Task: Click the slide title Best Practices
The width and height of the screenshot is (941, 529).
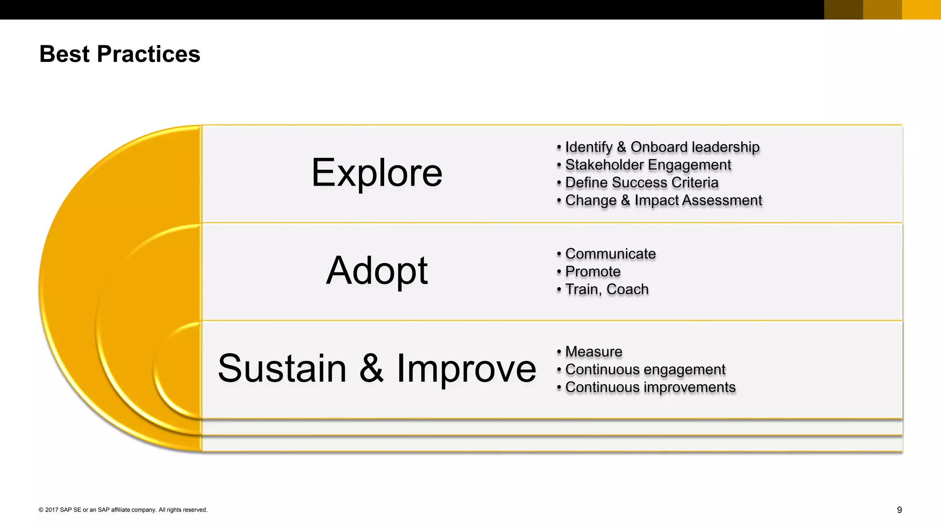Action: tap(119, 54)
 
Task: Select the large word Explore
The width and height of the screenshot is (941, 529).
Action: tap(377, 173)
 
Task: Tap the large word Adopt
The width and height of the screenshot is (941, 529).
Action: tap(377, 271)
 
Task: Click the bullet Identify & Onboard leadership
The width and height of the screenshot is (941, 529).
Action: tap(662, 147)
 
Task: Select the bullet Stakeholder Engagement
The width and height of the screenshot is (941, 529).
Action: tap(648, 165)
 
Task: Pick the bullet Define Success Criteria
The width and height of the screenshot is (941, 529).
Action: tap(641, 183)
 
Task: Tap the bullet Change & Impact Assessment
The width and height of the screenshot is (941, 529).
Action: tap(663, 201)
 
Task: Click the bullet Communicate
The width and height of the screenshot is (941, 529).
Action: tap(610, 254)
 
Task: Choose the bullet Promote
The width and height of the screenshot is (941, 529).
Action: tap(593, 272)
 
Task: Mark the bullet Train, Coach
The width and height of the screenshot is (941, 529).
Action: tap(607, 290)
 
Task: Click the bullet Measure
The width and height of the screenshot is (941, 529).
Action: tap(594, 352)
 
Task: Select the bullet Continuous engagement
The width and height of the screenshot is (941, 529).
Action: tap(645, 370)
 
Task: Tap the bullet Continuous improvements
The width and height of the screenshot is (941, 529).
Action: tap(650, 388)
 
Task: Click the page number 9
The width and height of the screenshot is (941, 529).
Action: tap(899, 510)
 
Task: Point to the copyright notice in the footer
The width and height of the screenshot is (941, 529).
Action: tap(123, 510)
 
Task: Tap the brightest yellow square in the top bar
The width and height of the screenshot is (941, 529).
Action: tap(921, 10)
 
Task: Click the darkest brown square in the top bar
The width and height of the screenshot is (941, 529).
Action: tap(843, 10)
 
